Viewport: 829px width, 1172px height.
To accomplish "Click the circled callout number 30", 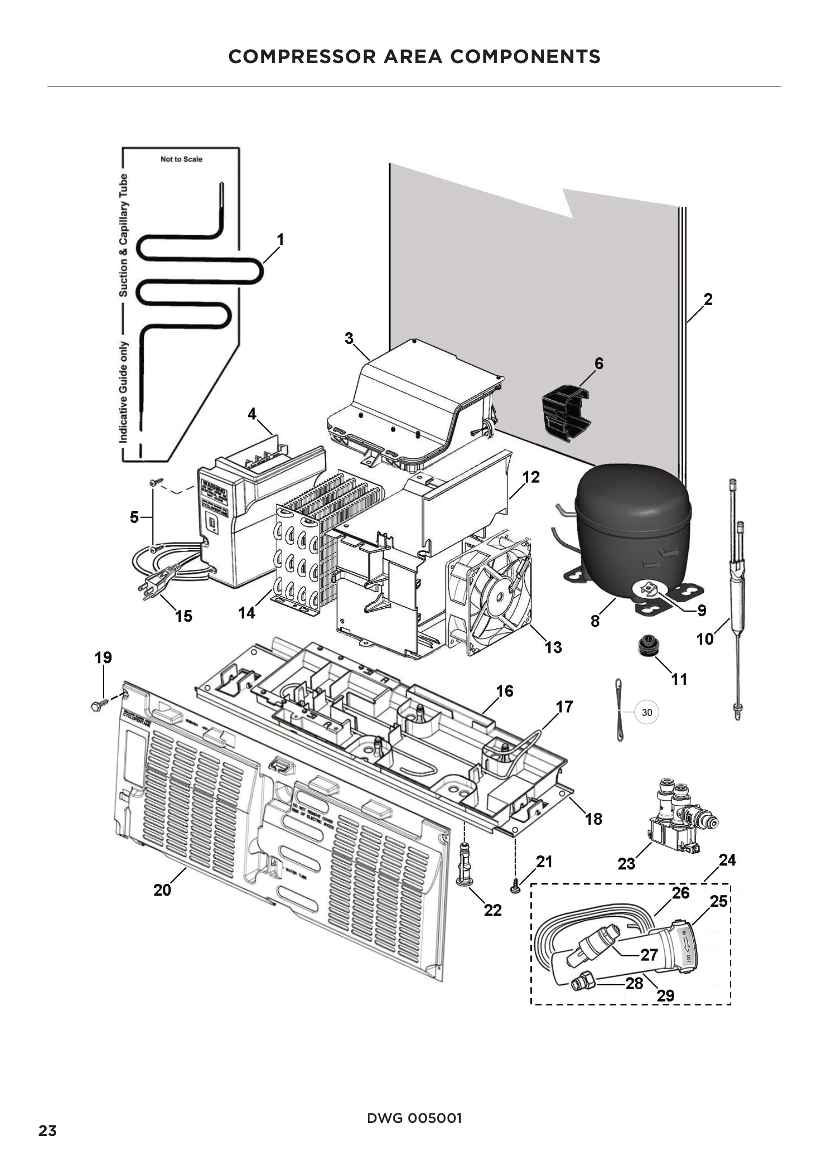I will click(x=646, y=713).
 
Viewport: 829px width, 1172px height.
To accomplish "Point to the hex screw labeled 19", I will click(x=98, y=705).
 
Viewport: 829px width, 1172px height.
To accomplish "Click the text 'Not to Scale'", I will click(x=181, y=159).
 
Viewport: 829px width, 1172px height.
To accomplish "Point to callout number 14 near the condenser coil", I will click(x=247, y=612).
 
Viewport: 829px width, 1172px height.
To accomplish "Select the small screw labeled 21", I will click(x=515, y=889).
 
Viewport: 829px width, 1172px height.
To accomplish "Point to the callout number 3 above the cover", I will click(x=349, y=338).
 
